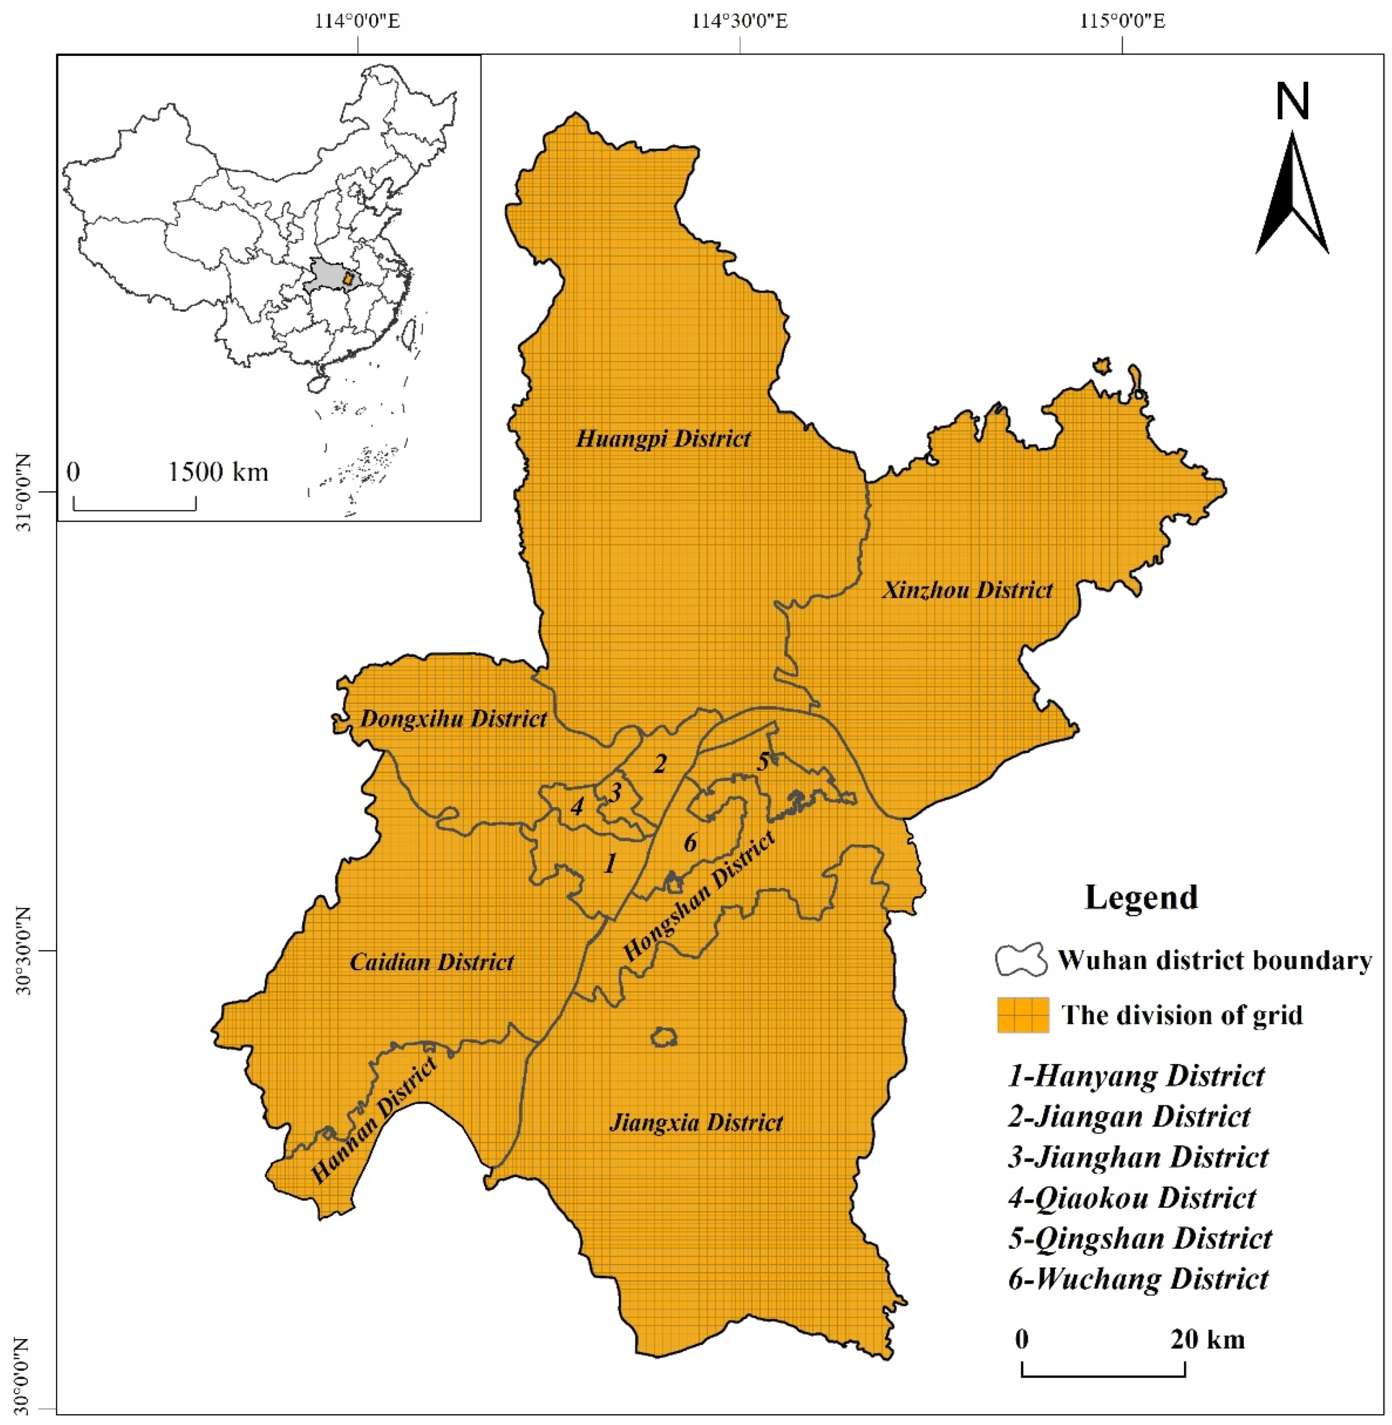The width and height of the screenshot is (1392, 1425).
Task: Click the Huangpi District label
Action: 663,439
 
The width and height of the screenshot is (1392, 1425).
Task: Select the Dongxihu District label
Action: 453,719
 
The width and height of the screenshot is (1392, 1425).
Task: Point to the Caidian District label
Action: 432,962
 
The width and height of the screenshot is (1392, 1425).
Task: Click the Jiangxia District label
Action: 696,1123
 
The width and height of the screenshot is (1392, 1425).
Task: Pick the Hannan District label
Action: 374,1121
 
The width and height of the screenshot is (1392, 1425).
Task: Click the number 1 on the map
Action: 609,865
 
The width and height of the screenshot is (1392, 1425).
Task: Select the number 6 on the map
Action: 690,842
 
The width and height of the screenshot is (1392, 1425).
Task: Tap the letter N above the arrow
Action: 1292,102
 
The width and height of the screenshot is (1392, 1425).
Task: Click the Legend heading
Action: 1140,897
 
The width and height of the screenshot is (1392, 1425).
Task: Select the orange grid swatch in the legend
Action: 1023,1015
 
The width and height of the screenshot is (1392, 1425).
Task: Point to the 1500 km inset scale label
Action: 218,472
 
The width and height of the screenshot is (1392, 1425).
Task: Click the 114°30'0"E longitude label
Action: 740,20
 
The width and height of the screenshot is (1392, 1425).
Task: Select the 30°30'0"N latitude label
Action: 22,951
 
